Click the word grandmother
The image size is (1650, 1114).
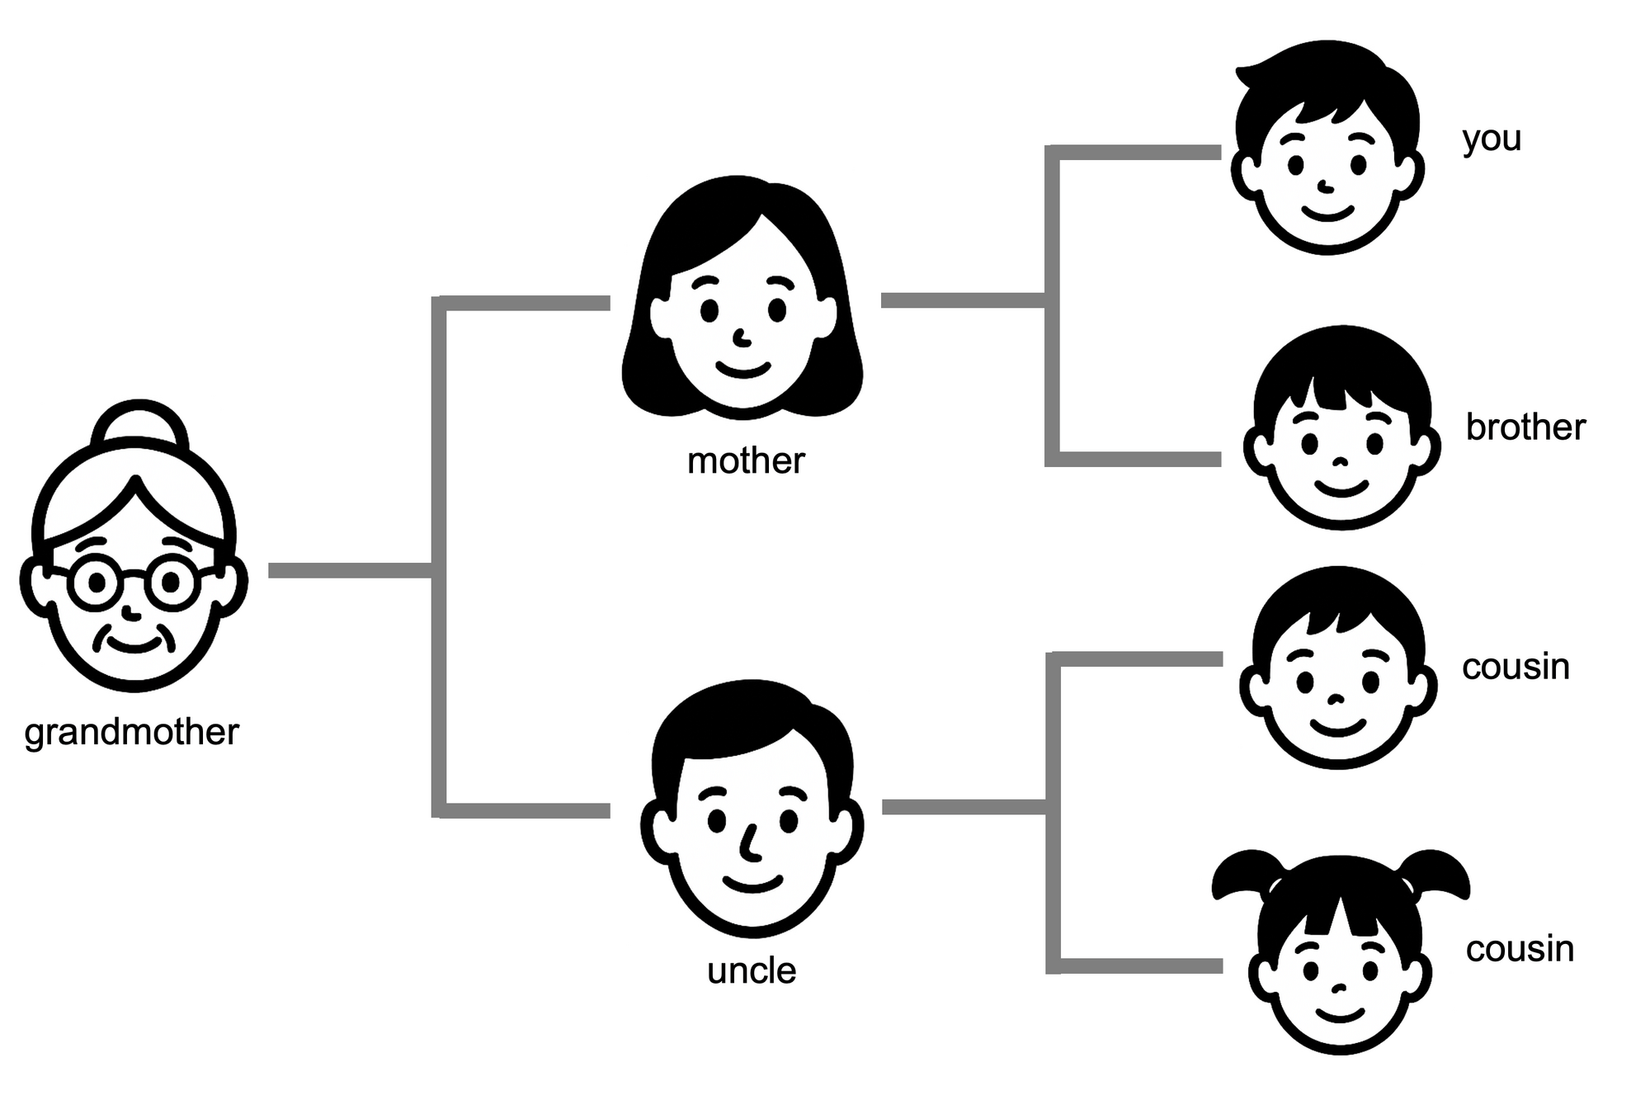(x=132, y=733)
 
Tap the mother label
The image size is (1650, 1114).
(x=745, y=460)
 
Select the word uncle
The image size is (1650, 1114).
(x=752, y=971)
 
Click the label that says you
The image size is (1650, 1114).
(x=1492, y=139)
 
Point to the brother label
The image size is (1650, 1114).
(x=1525, y=427)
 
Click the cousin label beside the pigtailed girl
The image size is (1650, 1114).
(x=1520, y=949)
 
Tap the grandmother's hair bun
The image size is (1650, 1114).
(x=139, y=426)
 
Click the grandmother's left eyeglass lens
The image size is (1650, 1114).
(x=97, y=583)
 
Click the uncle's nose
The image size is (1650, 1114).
(x=749, y=842)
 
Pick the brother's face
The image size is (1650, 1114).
(x=1341, y=454)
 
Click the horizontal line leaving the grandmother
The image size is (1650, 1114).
(x=350, y=570)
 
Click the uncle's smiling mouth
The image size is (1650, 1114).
(x=752, y=885)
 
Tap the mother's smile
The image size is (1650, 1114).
(x=742, y=368)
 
